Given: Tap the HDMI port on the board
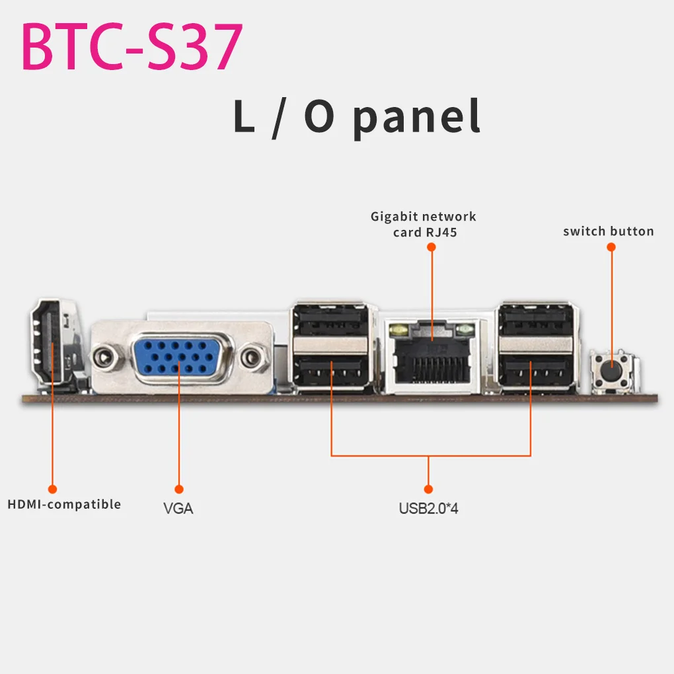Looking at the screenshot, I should (x=52, y=342).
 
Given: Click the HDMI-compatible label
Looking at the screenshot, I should (x=64, y=504).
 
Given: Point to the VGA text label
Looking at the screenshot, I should (x=178, y=509).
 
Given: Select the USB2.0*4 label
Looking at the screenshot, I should (x=428, y=509).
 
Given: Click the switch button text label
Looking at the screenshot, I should (x=608, y=231).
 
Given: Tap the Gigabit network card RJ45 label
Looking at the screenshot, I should (x=423, y=224).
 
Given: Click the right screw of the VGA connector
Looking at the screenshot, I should (x=250, y=358).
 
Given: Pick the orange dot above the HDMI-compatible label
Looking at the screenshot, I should (x=53, y=489).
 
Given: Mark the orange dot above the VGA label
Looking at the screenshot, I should (x=178, y=489).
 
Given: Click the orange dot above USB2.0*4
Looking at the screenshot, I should (x=428, y=489).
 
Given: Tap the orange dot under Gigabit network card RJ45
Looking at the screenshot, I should (x=431, y=246).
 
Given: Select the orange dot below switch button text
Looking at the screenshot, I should (x=611, y=246).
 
